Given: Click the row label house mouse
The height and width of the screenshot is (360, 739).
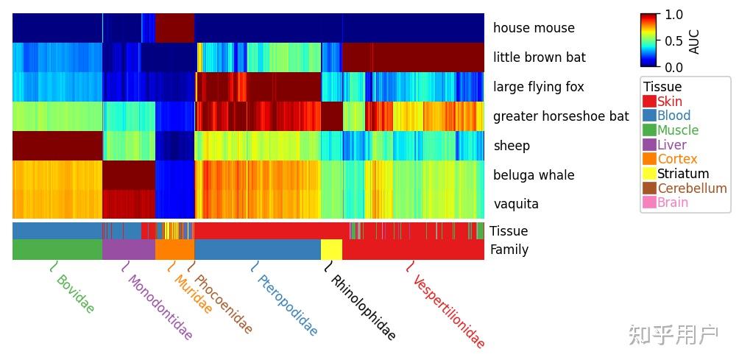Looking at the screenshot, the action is click(534, 28).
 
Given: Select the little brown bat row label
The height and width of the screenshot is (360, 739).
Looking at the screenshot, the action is click(540, 57).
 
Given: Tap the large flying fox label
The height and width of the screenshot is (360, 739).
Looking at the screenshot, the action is click(538, 87).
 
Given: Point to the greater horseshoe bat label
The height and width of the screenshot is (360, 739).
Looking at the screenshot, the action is click(561, 116).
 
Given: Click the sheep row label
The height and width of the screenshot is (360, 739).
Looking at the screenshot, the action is click(512, 146).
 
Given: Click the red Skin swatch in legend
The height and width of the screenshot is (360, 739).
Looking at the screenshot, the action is click(649, 101).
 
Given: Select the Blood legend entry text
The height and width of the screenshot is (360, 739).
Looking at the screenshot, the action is click(674, 116).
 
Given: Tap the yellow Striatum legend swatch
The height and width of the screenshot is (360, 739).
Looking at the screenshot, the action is click(649, 174).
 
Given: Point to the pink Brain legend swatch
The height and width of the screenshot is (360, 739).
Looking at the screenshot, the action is click(649, 202).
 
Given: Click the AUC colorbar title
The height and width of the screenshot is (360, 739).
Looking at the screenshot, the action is click(694, 41).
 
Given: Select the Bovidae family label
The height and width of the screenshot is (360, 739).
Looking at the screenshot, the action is click(75, 294).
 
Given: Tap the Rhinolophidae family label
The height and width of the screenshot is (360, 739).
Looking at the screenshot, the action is click(362, 308).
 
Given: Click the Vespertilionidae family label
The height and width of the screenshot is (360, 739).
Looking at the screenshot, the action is click(448, 312).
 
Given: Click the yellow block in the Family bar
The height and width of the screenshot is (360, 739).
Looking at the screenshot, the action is click(331, 250).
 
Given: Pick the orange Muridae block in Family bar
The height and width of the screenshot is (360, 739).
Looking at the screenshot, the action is click(174, 250).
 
